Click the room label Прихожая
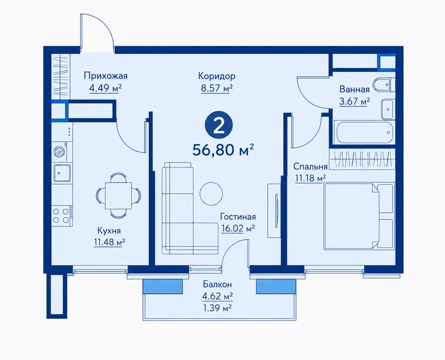click(x=106, y=76)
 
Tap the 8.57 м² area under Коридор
click(x=217, y=88)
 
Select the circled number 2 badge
click(x=219, y=126)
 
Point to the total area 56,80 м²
click(x=223, y=150)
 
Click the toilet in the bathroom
click(x=384, y=85)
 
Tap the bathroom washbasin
click(x=387, y=109)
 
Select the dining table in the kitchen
click(x=118, y=196)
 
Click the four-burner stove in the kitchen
click(x=62, y=215)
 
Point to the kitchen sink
click(x=62, y=172)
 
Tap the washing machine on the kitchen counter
click(x=60, y=151)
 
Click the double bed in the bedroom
click(x=359, y=216)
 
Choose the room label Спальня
click(x=310, y=166)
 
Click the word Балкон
click(x=217, y=284)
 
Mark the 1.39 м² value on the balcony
click(x=217, y=308)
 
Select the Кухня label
click(x=109, y=230)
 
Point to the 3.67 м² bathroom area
click(x=354, y=101)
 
